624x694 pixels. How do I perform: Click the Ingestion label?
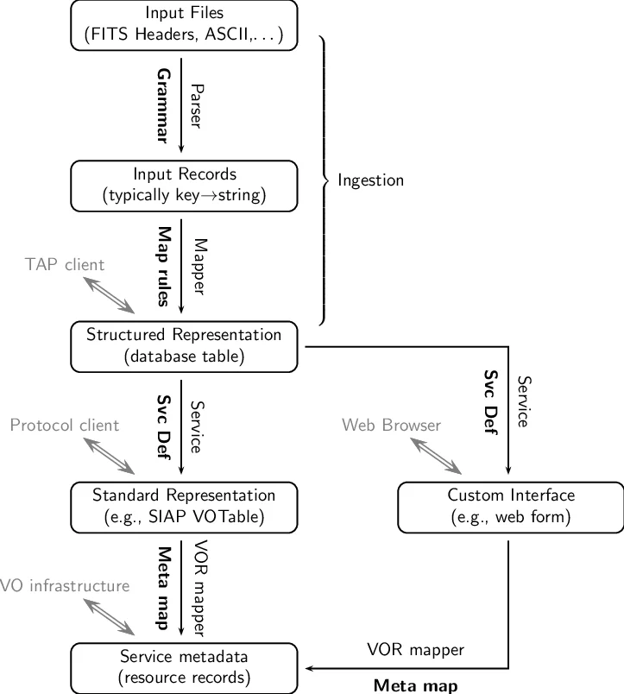tap(371, 180)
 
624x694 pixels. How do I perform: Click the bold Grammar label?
tap(161, 104)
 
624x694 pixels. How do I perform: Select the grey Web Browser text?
tap(391, 425)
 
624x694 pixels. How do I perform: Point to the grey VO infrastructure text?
tap(65, 586)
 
